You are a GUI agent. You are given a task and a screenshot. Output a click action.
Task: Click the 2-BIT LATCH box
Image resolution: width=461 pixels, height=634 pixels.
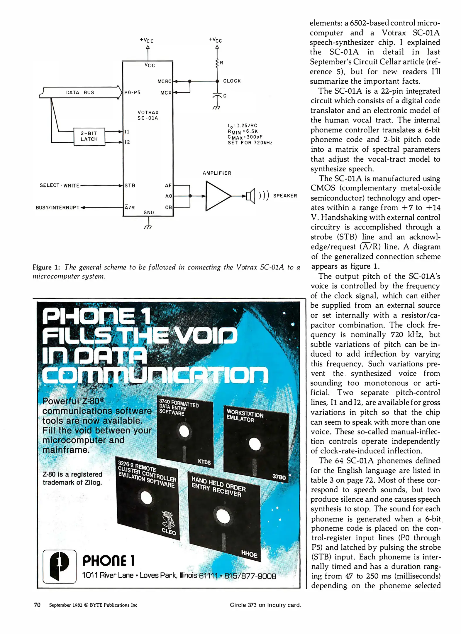click(x=89, y=136)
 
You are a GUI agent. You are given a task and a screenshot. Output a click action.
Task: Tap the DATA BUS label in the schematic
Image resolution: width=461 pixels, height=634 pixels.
click(x=80, y=92)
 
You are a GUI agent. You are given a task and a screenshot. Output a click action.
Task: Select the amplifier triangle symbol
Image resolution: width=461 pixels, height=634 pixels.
click(x=217, y=196)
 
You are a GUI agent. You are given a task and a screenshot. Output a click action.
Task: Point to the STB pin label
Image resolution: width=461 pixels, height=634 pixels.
click(x=130, y=186)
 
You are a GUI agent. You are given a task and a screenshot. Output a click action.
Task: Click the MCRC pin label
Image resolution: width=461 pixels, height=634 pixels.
click(x=164, y=81)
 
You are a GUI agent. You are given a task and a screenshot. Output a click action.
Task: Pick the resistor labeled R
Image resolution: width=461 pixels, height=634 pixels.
click(x=217, y=63)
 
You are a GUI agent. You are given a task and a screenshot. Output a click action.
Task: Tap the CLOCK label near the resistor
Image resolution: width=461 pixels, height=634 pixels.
click(x=232, y=81)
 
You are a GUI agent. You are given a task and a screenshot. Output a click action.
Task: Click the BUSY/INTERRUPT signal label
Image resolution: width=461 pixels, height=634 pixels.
click(x=57, y=208)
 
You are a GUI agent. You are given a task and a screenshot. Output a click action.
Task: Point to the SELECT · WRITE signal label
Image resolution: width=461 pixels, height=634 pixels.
click(x=60, y=186)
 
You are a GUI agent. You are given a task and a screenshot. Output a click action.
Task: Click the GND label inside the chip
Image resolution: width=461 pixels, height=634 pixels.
click(x=149, y=212)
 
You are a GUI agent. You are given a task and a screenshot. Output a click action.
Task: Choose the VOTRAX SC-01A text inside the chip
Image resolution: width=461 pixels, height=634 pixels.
click(x=148, y=115)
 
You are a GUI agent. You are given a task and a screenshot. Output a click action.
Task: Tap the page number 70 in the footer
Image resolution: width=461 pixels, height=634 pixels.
click(x=37, y=605)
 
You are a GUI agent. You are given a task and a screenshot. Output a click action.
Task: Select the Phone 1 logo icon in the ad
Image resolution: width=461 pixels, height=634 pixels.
click(x=60, y=566)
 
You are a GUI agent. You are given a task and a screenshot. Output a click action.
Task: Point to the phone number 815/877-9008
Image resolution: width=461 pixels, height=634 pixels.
click(x=250, y=576)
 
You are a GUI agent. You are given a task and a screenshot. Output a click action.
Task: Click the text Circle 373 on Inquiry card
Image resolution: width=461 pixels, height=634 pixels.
click(x=265, y=605)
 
